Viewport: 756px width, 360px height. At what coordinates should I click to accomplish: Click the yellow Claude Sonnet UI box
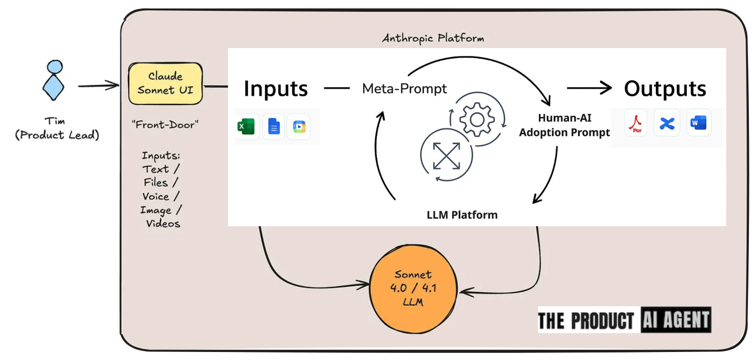click(x=165, y=83)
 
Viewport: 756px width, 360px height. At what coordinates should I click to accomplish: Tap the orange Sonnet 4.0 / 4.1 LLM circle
click(x=413, y=288)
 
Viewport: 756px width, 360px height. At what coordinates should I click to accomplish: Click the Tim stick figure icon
click(x=54, y=80)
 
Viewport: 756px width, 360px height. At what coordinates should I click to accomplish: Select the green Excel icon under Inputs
click(x=246, y=126)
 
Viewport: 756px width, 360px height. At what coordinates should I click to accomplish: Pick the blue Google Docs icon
click(x=274, y=126)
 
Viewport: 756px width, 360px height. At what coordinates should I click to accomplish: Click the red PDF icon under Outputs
click(x=636, y=123)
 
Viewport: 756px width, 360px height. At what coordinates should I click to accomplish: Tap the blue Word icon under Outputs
click(x=698, y=123)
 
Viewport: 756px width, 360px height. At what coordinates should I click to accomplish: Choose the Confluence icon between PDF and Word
click(x=667, y=123)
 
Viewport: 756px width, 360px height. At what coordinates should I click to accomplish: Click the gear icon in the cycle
click(x=477, y=120)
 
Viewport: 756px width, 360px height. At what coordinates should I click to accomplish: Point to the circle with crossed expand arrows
click(x=446, y=155)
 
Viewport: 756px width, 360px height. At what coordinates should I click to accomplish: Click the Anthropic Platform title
click(x=433, y=38)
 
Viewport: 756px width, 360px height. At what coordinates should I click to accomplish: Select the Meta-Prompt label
click(x=404, y=89)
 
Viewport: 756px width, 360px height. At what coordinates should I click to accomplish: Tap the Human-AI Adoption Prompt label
click(x=564, y=125)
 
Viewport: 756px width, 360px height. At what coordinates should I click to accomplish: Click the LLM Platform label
click(x=462, y=215)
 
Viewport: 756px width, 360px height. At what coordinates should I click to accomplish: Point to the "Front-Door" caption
click(x=165, y=125)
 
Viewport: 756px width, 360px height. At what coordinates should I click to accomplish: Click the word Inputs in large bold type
click(x=276, y=89)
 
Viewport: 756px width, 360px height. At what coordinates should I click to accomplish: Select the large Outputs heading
click(x=665, y=89)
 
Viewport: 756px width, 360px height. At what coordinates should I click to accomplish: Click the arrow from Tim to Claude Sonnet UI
click(x=98, y=86)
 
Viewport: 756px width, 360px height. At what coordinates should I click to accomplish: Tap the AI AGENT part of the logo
click(x=676, y=320)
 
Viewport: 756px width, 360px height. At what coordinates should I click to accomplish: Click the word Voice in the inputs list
click(x=156, y=196)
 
